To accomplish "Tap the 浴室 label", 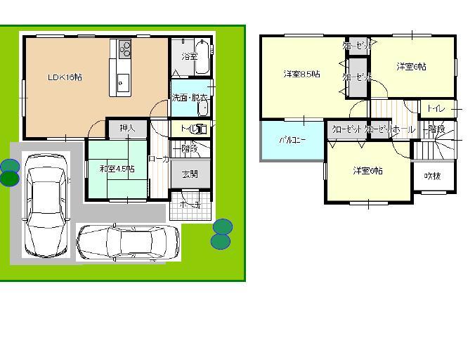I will (x=190, y=56).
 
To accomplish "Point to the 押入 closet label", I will (x=127, y=129).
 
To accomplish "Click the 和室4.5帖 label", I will (x=117, y=169).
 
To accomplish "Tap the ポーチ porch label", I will (x=189, y=205).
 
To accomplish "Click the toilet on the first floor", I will (x=202, y=129).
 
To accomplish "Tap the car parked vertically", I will (x=44, y=206).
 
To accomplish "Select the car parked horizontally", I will (x=127, y=243).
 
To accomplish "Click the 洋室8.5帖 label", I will (x=302, y=74).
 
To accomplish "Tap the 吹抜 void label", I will (x=433, y=176).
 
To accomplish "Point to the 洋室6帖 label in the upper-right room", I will (x=411, y=67).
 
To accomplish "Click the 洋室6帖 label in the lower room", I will (x=368, y=171).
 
